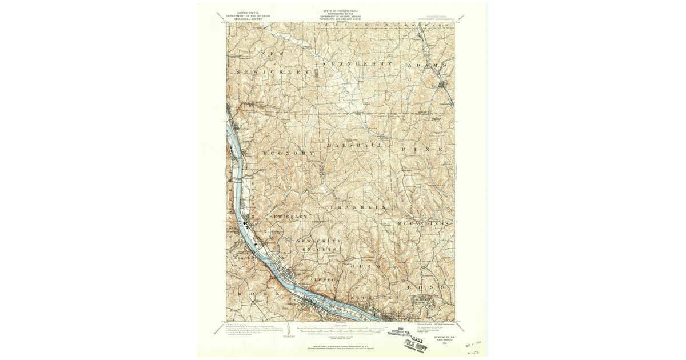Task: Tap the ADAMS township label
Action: (x=426, y=66)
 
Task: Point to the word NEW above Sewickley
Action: (x=268, y=54)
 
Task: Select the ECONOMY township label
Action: (x=289, y=154)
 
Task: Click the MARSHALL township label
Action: (x=354, y=146)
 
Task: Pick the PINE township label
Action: (x=422, y=149)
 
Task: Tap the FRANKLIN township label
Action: (x=358, y=206)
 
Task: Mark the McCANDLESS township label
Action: (x=423, y=223)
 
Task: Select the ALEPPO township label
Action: (x=325, y=279)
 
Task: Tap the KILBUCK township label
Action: (x=372, y=297)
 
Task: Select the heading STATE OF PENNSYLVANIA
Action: (x=343, y=11)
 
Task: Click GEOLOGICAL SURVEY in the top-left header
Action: (x=247, y=19)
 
